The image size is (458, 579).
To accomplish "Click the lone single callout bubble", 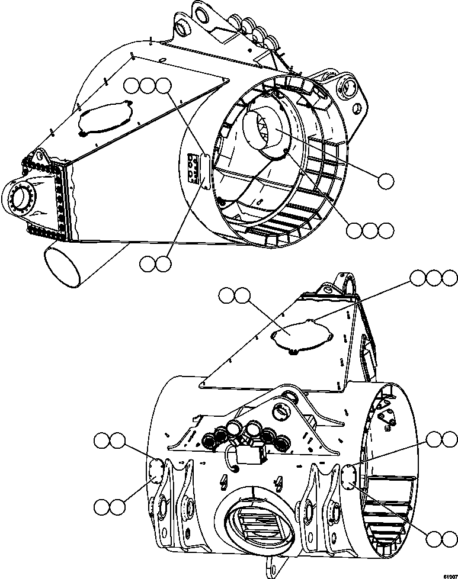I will coord(386,181).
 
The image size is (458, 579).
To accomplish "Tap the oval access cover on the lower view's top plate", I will coord(299,336).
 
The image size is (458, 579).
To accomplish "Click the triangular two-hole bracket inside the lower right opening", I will coord(388,417).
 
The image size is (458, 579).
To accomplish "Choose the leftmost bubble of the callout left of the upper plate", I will coord(132,86).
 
